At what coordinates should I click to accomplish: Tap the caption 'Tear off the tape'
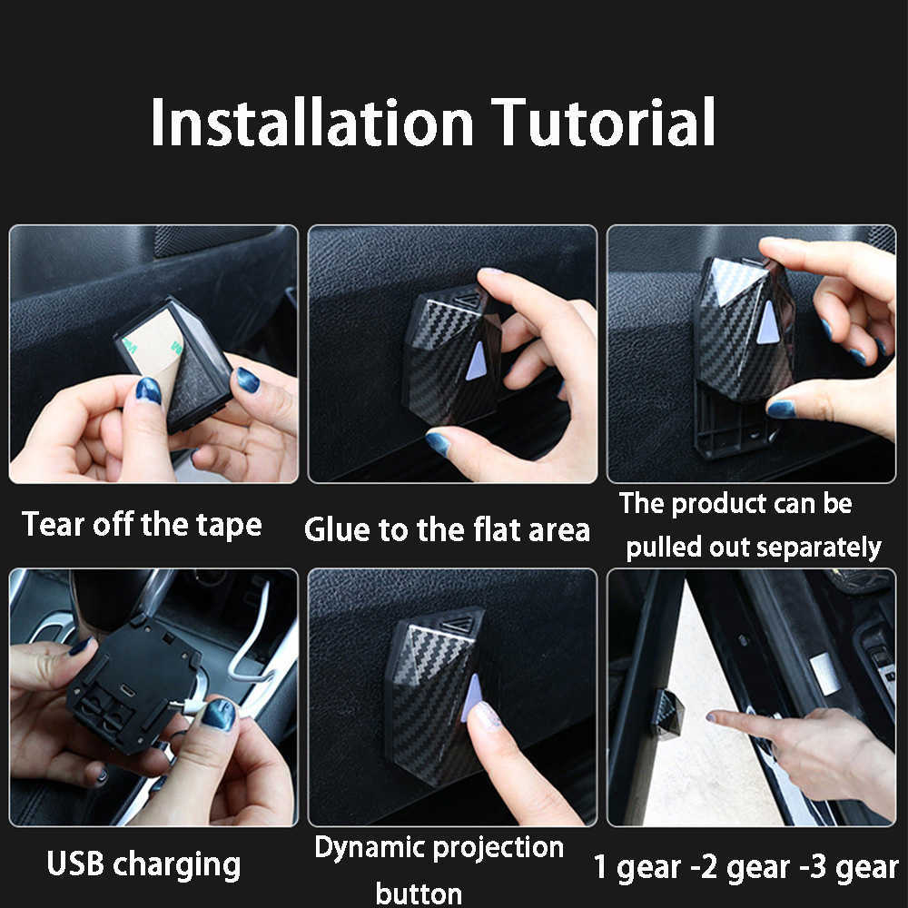[x=142, y=525]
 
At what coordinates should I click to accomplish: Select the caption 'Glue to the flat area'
[x=447, y=529]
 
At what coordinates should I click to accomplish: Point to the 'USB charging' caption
[x=143, y=864]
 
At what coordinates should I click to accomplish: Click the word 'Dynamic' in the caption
[x=371, y=848]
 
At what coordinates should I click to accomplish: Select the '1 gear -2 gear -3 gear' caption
[x=745, y=866]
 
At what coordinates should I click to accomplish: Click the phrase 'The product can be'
[x=735, y=504]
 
